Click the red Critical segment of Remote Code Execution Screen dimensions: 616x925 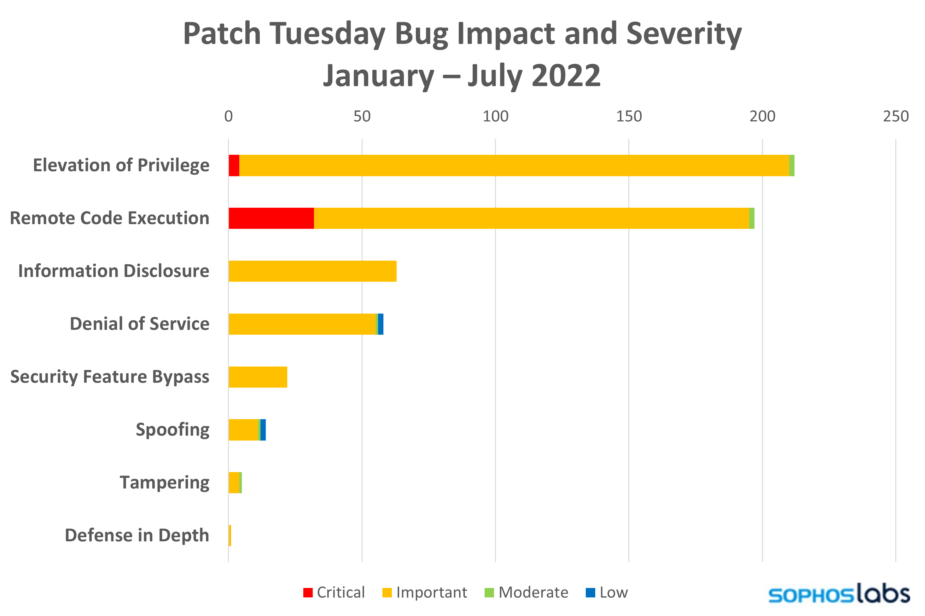[x=271, y=218]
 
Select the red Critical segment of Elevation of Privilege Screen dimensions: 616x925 [x=234, y=165]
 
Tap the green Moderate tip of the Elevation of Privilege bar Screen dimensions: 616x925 [x=792, y=165]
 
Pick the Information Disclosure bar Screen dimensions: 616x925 [x=312, y=271]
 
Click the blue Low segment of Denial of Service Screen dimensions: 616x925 [x=381, y=324]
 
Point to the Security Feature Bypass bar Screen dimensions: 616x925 [x=258, y=377]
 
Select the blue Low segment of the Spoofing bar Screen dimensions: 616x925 [x=263, y=430]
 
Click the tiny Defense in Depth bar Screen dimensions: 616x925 [x=230, y=535]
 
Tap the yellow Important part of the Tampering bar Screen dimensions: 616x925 [x=234, y=482]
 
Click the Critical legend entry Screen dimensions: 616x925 [x=334, y=592]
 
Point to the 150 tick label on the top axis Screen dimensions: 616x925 [x=629, y=116]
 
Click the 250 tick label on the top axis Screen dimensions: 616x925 [x=895, y=116]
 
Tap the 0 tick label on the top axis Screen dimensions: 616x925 [x=228, y=116]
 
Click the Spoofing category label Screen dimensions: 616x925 [x=172, y=430]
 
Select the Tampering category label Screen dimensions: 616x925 [x=164, y=482]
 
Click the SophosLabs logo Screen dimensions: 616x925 [x=837, y=595]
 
